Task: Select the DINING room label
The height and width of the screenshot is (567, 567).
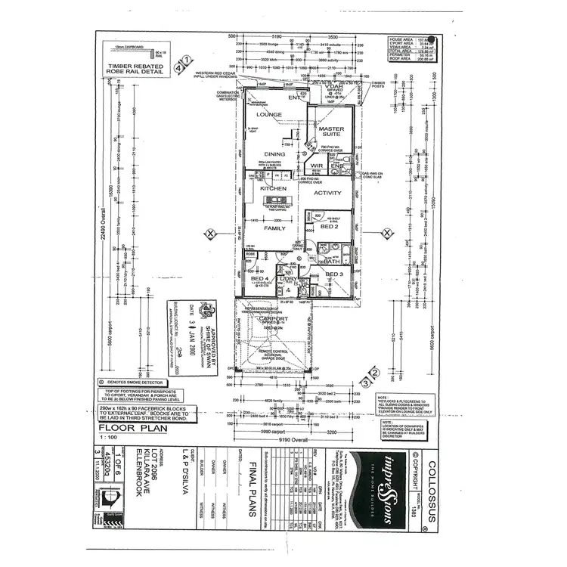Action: (x=274, y=153)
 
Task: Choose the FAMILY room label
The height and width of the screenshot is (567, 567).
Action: (x=274, y=227)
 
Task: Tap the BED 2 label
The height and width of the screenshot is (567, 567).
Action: (x=330, y=226)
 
